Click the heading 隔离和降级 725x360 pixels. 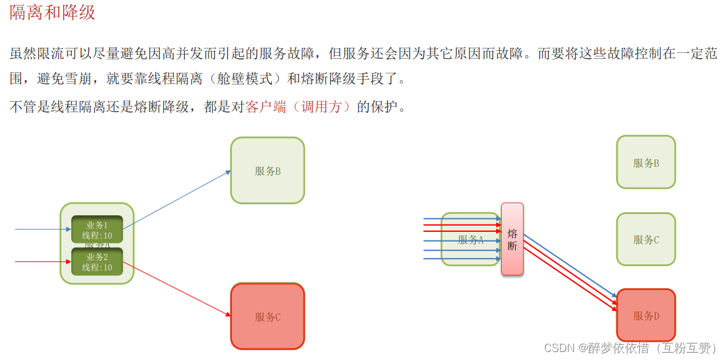click(53, 12)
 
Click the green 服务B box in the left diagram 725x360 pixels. click(267, 170)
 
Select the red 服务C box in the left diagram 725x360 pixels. click(267, 316)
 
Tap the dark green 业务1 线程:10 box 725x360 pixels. click(97, 229)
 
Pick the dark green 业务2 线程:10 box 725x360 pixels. click(97, 262)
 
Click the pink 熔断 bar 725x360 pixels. click(512, 239)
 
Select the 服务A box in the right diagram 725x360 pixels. click(470, 240)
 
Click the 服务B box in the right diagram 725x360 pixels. click(646, 163)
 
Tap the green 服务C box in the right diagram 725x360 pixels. click(646, 240)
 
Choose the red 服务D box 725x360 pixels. click(646, 316)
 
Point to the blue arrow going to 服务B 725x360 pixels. click(178, 200)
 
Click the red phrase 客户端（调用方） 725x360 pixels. click(299, 107)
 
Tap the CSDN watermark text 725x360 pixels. click(629, 348)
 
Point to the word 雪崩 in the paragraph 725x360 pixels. click(77, 79)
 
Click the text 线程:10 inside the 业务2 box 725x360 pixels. click(97, 267)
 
